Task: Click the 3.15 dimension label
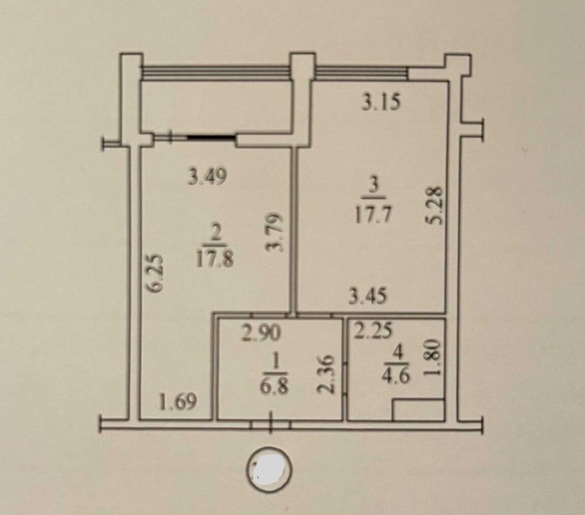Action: point(382,102)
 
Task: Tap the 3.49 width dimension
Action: point(208,177)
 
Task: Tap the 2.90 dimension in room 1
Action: point(261,334)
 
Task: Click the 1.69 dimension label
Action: point(178,402)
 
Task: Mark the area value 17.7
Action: point(374,216)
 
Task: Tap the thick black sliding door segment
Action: point(212,138)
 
